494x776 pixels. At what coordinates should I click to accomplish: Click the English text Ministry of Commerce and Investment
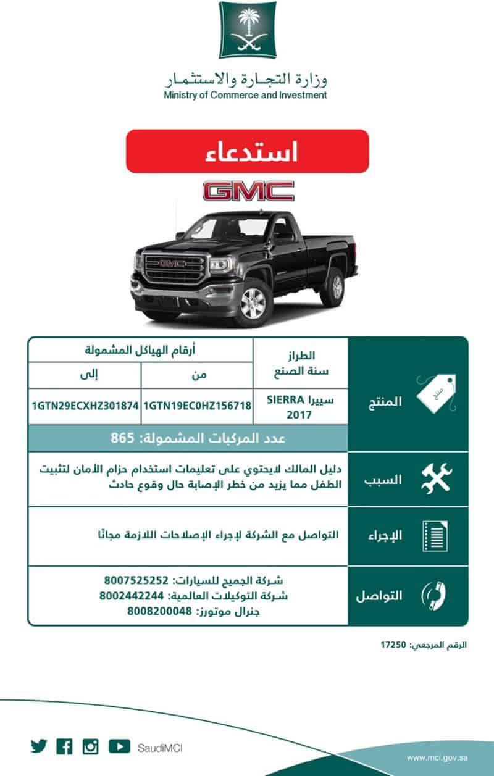pyautogui.click(x=245, y=95)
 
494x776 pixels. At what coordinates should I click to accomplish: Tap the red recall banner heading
pyautogui.click(x=247, y=151)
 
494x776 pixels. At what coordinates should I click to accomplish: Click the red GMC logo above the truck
pyautogui.click(x=248, y=191)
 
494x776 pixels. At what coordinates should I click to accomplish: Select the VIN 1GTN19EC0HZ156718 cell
pyautogui.click(x=197, y=406)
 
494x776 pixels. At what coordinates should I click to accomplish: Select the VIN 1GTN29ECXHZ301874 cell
pyautogui.click(x=85, y=406)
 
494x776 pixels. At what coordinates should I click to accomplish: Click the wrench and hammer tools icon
pyautogui.click(x=436, y=479)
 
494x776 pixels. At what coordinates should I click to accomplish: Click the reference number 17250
pyautogui.click(x=393, y=645)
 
